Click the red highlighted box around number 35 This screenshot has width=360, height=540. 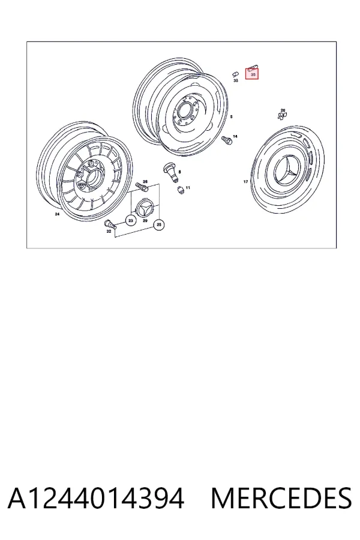tap(252, 74)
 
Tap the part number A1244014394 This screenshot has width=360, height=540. tap(96, 499)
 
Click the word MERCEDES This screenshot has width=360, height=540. tap(281, 499)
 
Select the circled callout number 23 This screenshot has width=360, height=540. tap(131, 220)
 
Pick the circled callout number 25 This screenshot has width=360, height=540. tap(159, 225)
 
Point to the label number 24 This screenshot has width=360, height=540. tap(57, 214)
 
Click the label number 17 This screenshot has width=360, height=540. tap(245, 181)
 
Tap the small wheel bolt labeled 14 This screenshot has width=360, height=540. tap(227, 140)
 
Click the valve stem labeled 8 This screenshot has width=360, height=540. tap(171, 172)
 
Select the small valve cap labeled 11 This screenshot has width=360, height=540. tap(181, 190)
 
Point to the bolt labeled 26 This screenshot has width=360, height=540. tap(142, 187)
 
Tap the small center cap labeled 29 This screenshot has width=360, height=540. tap(145, 209)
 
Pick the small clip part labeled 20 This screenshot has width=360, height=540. tap(281, 116)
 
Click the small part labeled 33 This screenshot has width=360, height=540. tap(235, 74)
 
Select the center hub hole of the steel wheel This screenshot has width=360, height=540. tap(183, 111)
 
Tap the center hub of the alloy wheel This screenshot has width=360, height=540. tap(92, 178)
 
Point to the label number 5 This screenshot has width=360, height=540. tap(231, 117)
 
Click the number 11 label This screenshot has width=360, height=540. tap(188, 188)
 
